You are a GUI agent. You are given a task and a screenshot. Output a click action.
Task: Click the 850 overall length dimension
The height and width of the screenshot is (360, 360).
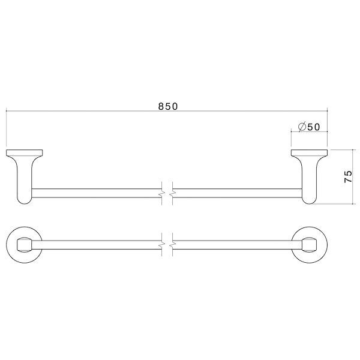coord(168,106)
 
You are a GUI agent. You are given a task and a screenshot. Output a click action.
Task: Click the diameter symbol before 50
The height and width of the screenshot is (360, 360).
coord(302,127)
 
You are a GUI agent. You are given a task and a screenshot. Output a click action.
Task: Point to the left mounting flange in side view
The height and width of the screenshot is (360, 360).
coord(25,153)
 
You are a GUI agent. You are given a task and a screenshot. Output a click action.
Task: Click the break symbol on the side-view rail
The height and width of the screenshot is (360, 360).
coord(167,192)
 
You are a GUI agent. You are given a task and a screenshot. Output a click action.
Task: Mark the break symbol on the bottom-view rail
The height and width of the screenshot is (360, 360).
coord(167,245)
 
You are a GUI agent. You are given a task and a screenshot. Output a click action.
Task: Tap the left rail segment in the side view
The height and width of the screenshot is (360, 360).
coord(96,192)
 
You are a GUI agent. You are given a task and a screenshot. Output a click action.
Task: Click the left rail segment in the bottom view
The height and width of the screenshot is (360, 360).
coord(96,245)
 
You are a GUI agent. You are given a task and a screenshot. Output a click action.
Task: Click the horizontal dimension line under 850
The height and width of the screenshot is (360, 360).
coord(90,112)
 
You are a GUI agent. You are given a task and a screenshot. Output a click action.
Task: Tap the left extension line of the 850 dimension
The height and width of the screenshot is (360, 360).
coord(6,129)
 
